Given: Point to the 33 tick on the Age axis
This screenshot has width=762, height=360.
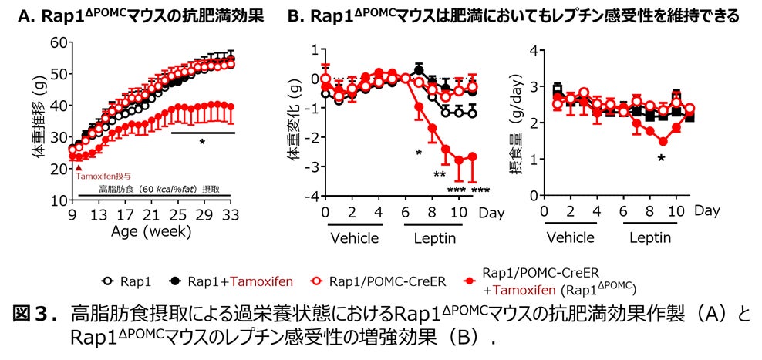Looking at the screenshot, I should (x=230, y=214).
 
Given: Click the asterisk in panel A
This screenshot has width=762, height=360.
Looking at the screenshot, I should (x=202, y=143).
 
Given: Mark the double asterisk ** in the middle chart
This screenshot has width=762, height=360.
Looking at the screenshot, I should (x=439, y=175).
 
